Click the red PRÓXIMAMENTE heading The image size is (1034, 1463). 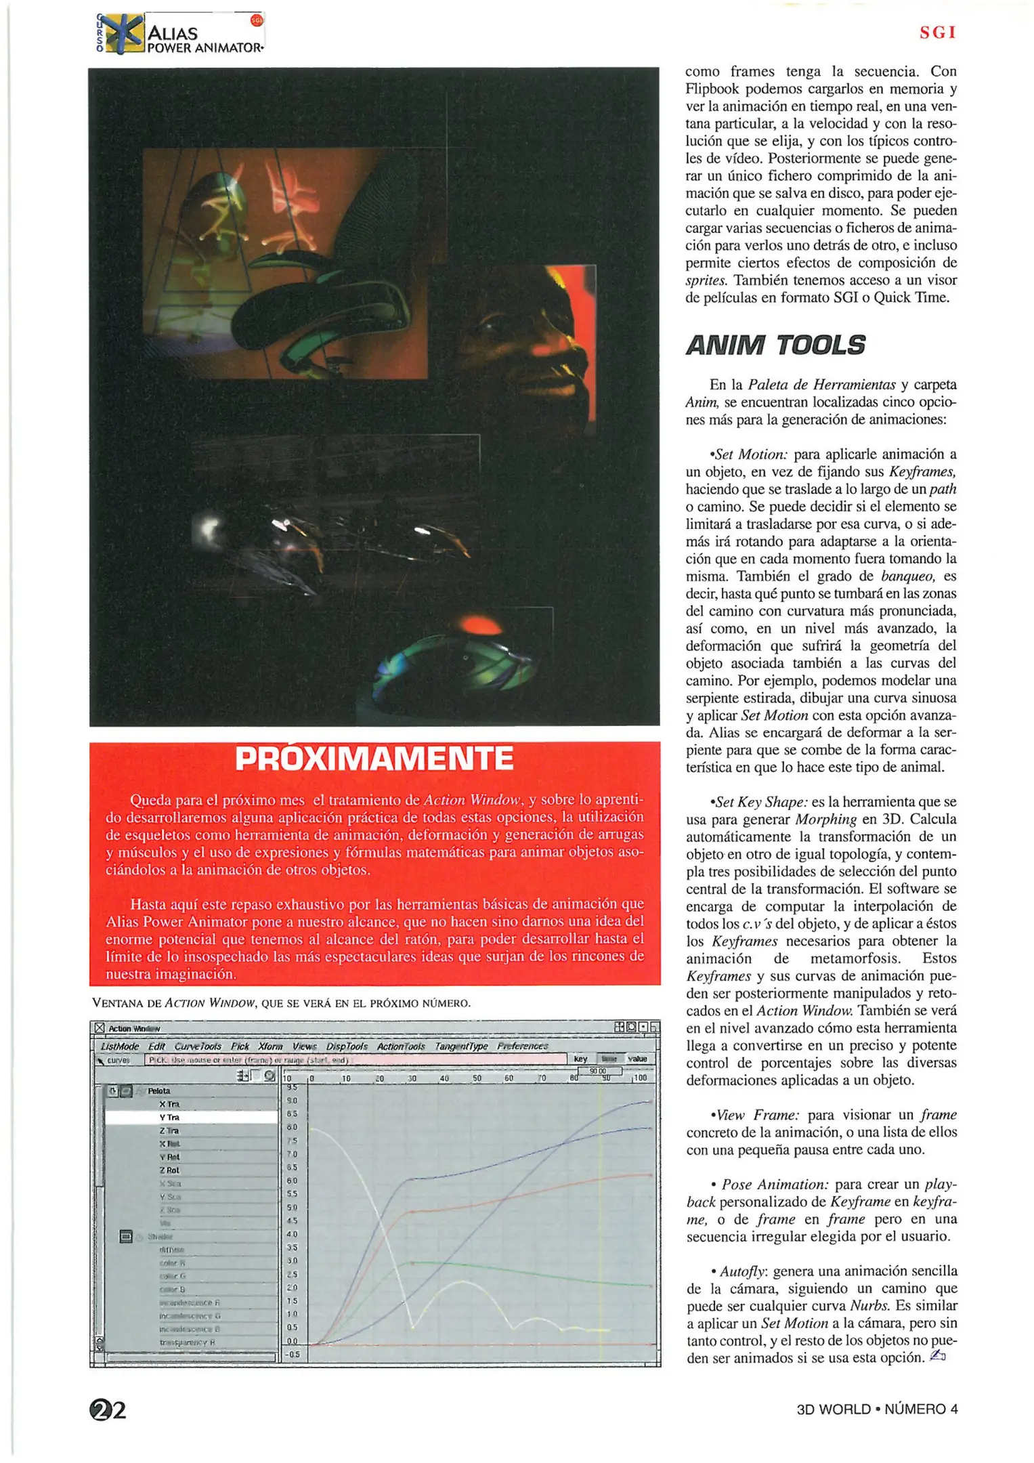(x=374, y=759)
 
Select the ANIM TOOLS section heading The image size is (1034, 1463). (x=775, y=345)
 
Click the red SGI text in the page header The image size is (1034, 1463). (x=937, y=33)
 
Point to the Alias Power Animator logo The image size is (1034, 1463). (x=179, y=34)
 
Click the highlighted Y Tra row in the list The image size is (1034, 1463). (x=169, y=1117)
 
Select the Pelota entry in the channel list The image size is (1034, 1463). (x=159, y=1090)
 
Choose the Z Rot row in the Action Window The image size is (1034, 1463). (x=169, y=1170)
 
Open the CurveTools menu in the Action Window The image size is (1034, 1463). (x=198, y=1046)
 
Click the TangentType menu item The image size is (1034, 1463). (x=460, y=1046)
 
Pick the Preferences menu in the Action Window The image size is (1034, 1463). (x=522, y=1046)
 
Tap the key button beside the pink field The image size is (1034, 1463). (x=580, y=1059)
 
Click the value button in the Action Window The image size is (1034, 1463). (x=637, y=1059)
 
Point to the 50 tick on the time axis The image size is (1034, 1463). (x=477, y=1078)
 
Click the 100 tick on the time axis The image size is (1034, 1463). (x=639, y=1078)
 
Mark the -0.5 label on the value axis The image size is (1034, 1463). (x=293, y=1354)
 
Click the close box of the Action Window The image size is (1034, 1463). (x=100, y=1028)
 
